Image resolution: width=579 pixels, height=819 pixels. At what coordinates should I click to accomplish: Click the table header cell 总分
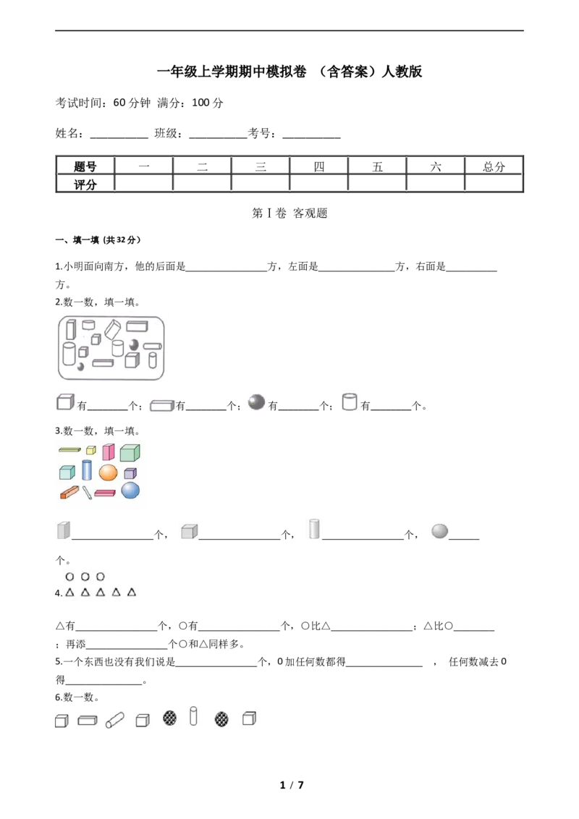[494, 166]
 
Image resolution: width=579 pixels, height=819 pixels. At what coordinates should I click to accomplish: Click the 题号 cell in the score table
[85, 166]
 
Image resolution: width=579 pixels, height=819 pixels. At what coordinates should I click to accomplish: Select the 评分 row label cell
[85, 184]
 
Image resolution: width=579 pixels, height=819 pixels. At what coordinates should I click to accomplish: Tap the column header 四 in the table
[318, 166]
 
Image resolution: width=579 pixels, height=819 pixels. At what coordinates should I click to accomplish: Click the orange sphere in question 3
[108, 472]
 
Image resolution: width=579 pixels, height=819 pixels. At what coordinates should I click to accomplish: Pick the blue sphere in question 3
[130, 491]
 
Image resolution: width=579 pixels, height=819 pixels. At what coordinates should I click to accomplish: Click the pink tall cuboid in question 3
[108, 451]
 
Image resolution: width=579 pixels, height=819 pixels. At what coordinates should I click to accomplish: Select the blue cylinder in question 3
[87, 470]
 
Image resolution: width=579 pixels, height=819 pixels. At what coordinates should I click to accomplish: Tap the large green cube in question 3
[130, 452]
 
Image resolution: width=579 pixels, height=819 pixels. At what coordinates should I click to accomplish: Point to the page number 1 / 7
[292, 784]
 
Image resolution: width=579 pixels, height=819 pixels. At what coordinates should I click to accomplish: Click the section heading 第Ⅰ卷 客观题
[289, 213]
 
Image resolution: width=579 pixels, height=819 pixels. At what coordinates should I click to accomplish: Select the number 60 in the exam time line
[119, 103]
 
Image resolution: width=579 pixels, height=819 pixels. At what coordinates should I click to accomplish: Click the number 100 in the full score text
[200, 103]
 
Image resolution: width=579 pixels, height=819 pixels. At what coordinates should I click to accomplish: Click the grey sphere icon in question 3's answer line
[439, 530]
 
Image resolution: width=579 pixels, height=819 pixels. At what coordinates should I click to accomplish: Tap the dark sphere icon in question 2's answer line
[256, 401]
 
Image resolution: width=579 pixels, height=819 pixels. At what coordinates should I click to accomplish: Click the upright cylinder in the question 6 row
[193, 716]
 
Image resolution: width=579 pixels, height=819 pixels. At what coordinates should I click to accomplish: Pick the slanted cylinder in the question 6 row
[114, 721]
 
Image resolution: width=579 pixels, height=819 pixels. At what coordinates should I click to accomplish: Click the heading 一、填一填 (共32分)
[98, 239]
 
